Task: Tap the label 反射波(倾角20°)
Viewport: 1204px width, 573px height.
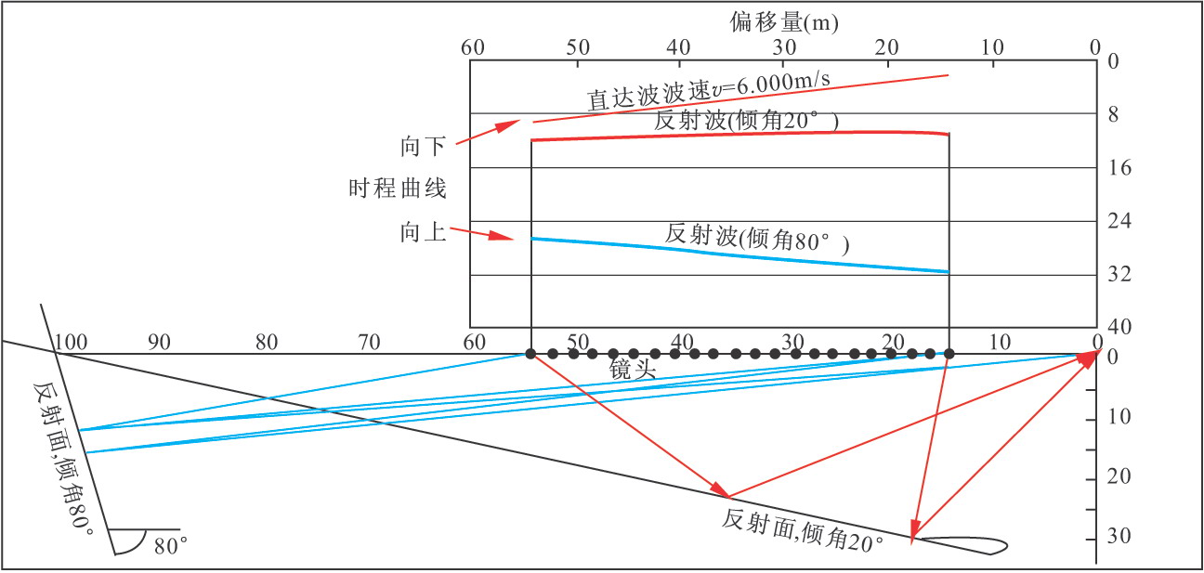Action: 747,121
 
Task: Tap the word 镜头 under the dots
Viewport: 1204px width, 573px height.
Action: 633,370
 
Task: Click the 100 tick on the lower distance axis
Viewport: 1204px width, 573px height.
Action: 71,342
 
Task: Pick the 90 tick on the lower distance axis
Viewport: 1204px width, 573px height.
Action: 159,342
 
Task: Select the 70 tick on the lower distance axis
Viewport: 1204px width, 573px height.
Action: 369,342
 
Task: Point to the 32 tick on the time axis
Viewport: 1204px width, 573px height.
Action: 1120,275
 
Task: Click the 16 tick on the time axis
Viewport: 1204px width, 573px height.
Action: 1120,168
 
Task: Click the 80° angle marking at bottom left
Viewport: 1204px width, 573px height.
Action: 171,547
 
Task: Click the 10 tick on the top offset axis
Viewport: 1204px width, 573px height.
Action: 992,47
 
